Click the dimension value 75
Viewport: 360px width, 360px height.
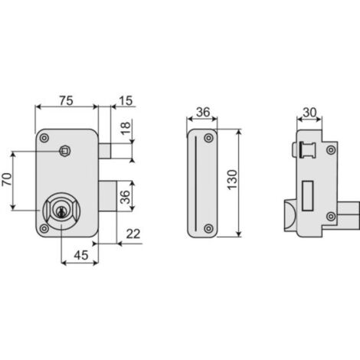point(67,100)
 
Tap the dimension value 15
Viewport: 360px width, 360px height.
point(126,100)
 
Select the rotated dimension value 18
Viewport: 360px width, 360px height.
point(126,128)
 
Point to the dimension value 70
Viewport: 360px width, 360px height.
point(7,179)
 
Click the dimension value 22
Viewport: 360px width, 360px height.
point(133,234)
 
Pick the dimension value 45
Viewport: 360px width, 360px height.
point(81,255)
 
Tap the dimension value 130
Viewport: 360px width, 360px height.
point(232,180)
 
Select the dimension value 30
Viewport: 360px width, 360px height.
point(309,113)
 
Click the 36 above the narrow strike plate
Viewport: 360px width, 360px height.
point(203,113)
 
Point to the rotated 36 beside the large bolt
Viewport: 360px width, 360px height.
point(125,197)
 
